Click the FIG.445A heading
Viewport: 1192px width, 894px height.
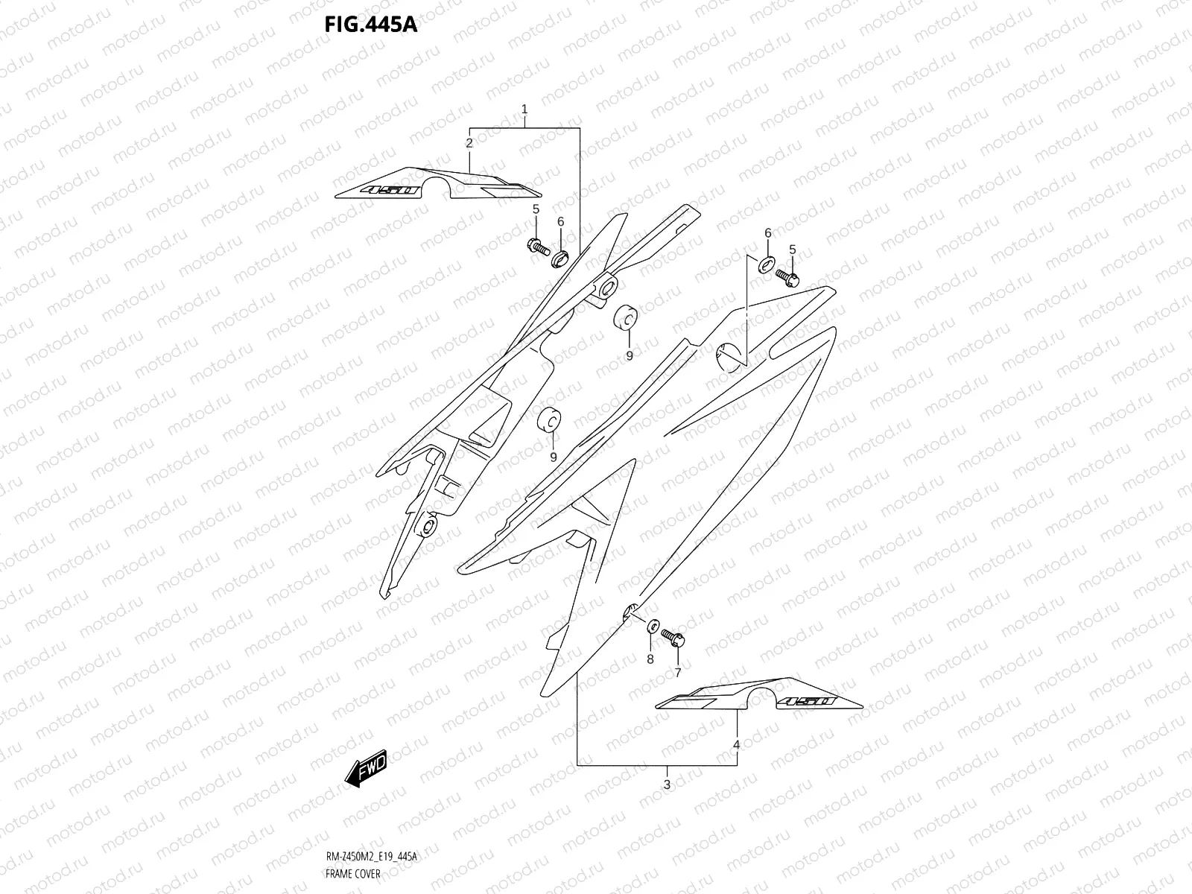click(370, 25)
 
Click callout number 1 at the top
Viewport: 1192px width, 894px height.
click(524, 110)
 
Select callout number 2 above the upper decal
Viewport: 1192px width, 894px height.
click(469, 142)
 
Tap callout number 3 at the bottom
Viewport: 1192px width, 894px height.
click(667, 784)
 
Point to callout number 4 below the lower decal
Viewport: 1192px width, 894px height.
click(736, 744)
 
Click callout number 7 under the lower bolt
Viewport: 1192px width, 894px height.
click(678, 673)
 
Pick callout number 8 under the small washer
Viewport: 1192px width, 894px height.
click(650, 659)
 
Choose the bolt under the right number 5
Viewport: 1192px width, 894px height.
click(787, 277)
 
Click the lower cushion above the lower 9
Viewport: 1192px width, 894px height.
click(550, 422)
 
